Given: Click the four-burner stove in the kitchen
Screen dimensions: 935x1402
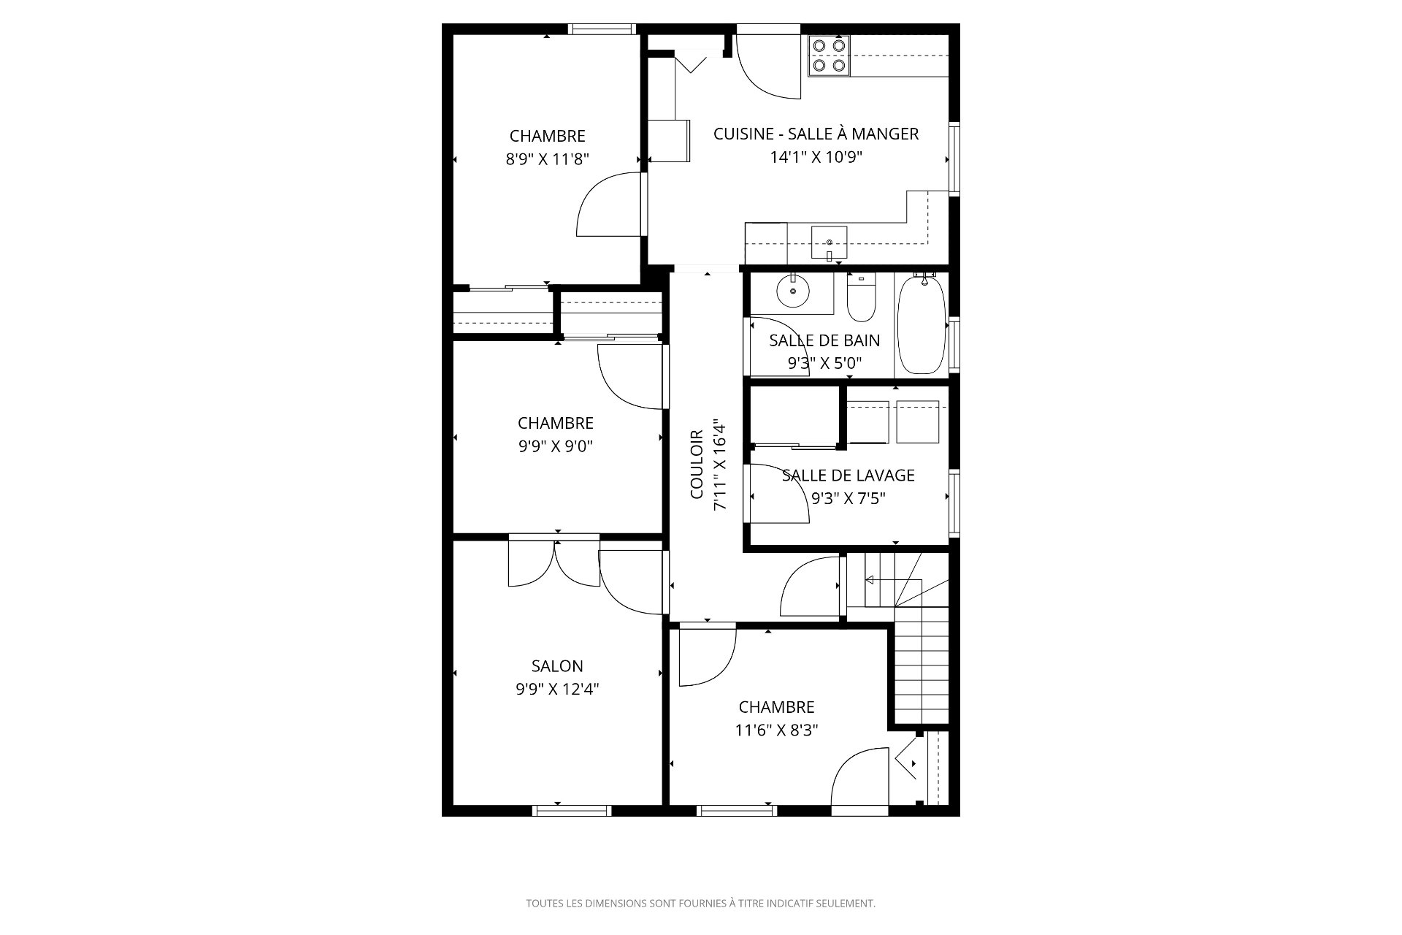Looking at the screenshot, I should tap(829, 56).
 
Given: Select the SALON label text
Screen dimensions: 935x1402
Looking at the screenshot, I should tap(557, 666).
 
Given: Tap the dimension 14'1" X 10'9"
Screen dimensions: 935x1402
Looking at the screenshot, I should tap(816, 157).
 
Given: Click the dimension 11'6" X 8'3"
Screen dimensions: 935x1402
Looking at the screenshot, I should tap(776, 730).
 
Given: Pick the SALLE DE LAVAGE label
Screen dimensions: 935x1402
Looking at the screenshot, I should tap(848, 476).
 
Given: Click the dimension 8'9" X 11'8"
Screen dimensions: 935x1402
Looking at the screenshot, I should tap(547, 159).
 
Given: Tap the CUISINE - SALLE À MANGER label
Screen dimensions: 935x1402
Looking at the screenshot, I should tap(816, 134).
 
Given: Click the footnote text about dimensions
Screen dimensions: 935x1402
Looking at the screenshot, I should tap(700, 904).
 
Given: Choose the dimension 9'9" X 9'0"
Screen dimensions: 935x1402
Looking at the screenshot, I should tap(555, 446).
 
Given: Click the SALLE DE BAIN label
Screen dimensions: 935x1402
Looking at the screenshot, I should tap(824, 340).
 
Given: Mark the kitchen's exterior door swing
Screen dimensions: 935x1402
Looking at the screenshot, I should tap(768, 66).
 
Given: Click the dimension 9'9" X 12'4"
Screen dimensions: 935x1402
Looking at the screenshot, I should tap(557, 689).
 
